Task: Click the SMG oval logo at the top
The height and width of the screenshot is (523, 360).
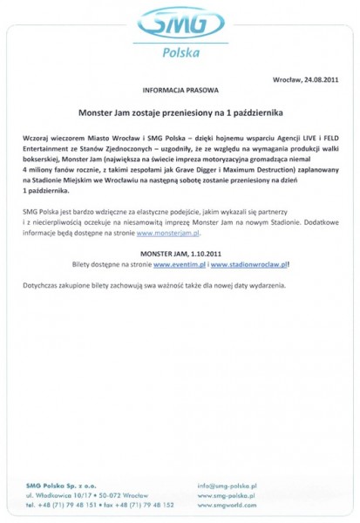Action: click(x=179, y=24)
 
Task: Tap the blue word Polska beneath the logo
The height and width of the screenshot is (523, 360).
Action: click(x=180, y=53)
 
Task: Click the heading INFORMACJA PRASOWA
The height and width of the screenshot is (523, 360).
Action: click(x=180, y=90)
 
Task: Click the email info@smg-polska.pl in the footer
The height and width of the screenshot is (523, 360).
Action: click(x=226, y=485)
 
